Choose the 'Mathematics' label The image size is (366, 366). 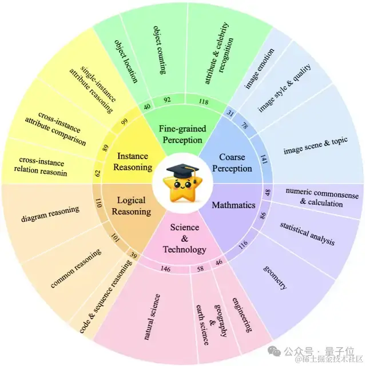pos(234,205)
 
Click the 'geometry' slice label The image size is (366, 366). pos(275,277)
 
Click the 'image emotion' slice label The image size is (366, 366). pos(260,68)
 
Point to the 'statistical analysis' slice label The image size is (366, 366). pos(308,231)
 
